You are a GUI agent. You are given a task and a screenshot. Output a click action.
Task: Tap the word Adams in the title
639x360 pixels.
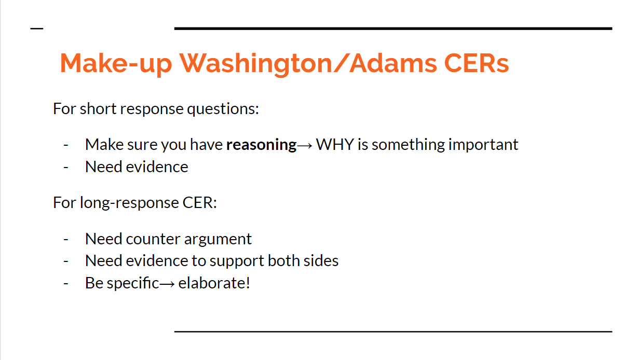(393, 63)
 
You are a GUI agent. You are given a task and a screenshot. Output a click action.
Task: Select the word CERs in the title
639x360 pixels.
(477, 63)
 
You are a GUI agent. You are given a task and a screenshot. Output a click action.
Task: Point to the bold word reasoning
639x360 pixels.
(261, 145)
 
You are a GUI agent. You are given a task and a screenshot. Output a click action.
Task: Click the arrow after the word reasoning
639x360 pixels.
(305, 146)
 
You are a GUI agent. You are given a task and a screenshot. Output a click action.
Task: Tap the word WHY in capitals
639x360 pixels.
(335, 144)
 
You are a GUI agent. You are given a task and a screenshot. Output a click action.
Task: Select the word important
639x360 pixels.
(483, 145)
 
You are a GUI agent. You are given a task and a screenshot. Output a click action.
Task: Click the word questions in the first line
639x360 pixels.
(223, 109)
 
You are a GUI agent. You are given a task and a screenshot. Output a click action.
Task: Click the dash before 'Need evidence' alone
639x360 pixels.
(66, 168)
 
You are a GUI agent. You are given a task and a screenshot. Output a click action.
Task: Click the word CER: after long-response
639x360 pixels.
(200, 202)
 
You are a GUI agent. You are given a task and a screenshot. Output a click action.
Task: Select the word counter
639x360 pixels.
(153, 239)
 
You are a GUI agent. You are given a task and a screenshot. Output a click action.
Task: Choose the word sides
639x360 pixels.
(321, 260)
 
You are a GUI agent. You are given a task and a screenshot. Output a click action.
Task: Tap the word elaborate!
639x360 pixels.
(214, 283)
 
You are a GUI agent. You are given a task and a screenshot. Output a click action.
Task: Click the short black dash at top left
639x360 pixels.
(37, 29)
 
